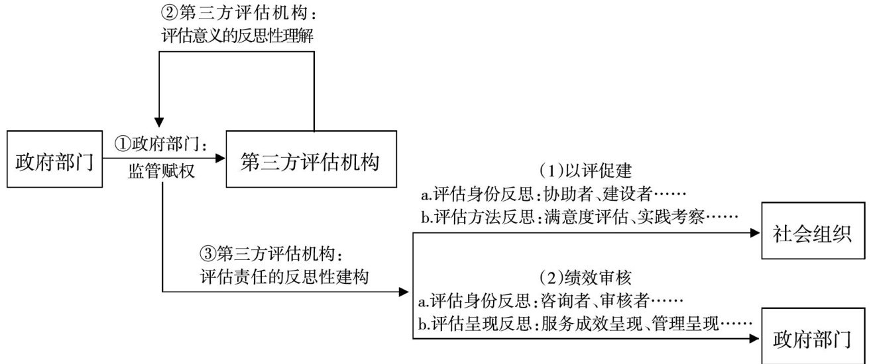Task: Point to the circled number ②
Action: coord(168,12)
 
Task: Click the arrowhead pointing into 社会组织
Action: coord(754,233)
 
